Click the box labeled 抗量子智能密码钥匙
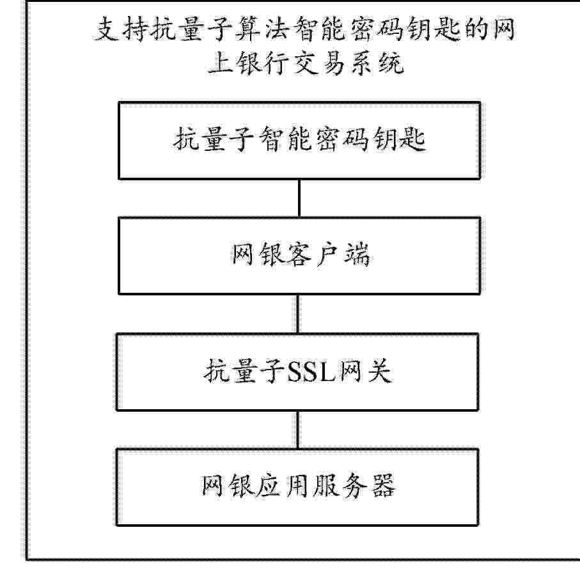(x=299, y=141)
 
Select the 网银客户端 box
(x=299, y=256)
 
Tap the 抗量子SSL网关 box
(x=297, y=372)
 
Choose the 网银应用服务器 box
(x=297, y=487)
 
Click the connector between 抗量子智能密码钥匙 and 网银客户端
(x=299, y=199)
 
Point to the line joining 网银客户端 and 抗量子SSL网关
(x=298, y=314)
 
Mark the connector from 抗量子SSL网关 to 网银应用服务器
(x=298, y=430)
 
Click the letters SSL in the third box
(x=311, y=371)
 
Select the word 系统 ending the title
(x=377, y=63)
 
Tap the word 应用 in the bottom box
(x=284, y=486)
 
